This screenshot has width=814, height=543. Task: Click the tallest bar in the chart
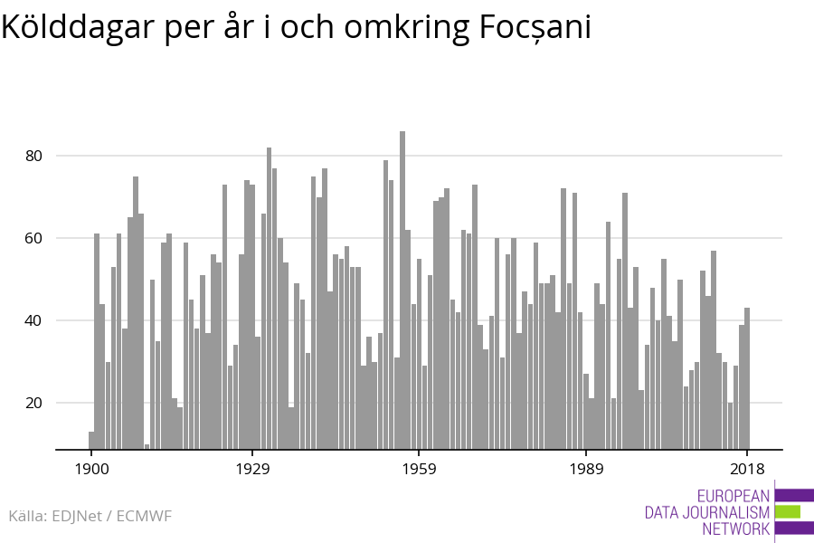click(402, 290)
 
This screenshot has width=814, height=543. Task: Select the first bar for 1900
click(91, 440)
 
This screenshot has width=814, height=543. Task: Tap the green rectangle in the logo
click(788, 511)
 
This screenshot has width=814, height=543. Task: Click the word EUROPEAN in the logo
click(734, 496)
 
